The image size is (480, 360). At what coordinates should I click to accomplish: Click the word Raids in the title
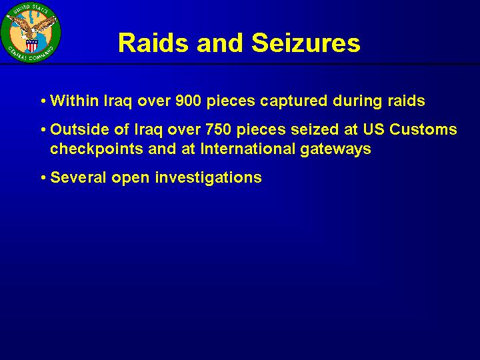pos(153,43)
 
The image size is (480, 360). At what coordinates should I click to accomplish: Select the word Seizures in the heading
pos(306,43)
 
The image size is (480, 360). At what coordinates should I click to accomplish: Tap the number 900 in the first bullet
pos(188,101)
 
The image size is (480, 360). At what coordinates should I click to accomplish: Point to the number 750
pos(218,129)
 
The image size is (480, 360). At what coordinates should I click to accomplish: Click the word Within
pos(75,101)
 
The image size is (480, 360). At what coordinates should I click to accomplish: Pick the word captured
pos(293,102)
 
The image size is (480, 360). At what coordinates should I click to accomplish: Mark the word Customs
pos(423,129)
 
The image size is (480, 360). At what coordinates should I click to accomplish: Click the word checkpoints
pos(97,149)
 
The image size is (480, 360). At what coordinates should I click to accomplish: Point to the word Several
pos(78,177)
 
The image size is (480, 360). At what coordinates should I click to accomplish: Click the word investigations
pos(209,178)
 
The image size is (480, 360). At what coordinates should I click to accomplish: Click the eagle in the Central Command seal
pos(31,27)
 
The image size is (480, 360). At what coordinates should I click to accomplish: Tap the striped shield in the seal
pos(31,45)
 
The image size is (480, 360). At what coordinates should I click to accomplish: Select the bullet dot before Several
pos(43,178)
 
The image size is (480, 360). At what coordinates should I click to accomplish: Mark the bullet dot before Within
pos(43,101)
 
